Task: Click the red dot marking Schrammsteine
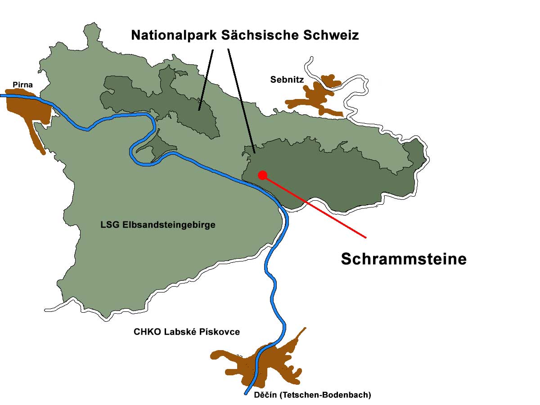262,175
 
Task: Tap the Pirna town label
22,84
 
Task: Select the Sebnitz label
287,80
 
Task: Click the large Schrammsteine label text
403,259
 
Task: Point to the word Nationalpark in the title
174,35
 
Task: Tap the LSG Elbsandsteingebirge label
157,225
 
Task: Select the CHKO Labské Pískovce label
187,332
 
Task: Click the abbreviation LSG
109,225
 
